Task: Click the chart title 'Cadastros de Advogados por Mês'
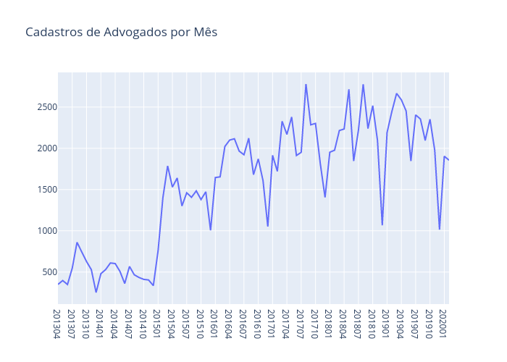click(121, 33)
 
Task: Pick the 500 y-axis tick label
click(45, 272)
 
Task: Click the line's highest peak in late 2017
click(306, 85)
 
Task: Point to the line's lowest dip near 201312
click(96, 292)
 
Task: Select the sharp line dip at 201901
click(382, 224)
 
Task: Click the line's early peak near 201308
click(77, 243)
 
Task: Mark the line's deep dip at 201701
click(268, 226)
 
